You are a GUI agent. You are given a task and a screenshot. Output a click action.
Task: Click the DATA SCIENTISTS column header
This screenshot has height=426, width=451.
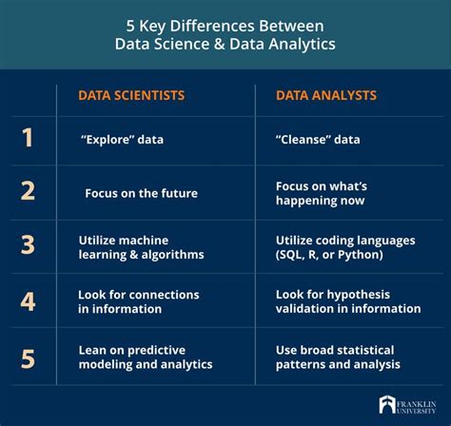(x=131, y=95)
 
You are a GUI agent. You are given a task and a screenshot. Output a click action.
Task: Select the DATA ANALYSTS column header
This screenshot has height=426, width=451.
(x=325, y=95)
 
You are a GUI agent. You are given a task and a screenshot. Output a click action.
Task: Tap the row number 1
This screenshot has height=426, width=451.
(x=28, y=139)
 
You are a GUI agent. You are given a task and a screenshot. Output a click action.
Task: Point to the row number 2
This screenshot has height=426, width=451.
(x=28, y=192)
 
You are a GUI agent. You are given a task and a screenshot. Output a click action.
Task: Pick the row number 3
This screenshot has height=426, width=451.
(x=28, y=246)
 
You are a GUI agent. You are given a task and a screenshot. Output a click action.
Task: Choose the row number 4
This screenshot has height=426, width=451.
(x=28, y=301)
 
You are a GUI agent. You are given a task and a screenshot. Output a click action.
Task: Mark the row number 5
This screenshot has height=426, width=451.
(x=28, y=358)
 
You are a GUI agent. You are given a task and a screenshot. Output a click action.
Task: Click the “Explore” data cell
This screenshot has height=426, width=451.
(x=122, y=140)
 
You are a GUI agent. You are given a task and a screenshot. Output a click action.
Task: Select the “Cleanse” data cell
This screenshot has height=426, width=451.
(x=318, y=140)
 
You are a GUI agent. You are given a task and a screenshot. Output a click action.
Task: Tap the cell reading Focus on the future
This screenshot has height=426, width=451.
(x=141, y=193)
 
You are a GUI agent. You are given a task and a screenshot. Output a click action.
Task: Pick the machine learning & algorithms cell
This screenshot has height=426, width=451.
(x=141, y=247)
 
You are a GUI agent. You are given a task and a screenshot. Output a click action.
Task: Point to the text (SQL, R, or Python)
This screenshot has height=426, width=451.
(x=328, y=255)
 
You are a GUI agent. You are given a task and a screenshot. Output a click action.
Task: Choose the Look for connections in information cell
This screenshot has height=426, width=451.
(x=133, y=301)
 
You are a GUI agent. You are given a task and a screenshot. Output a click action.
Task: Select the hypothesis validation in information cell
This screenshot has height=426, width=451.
(x=347, y=301)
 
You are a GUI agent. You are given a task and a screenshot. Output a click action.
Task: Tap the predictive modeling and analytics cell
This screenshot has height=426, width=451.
(x=145, y=358)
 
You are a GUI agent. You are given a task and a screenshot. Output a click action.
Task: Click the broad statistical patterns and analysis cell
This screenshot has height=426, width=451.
(x=338, y=358)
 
